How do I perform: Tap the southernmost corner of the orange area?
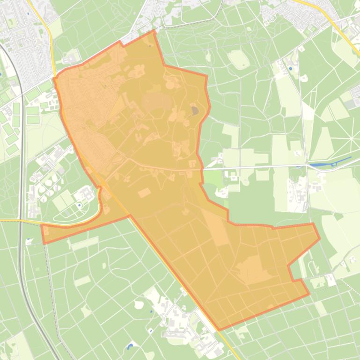tap(219, 330)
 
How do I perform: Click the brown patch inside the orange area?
tap(194, 111)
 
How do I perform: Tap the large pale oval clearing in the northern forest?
tap(239, 59)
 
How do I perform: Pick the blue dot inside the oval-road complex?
tap(80, 204)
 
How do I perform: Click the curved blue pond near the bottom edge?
tap(130, 347)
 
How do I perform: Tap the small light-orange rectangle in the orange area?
tap(144, 193)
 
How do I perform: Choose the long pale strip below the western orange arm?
tap(84, 243)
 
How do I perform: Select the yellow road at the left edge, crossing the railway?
tap(14, 220)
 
